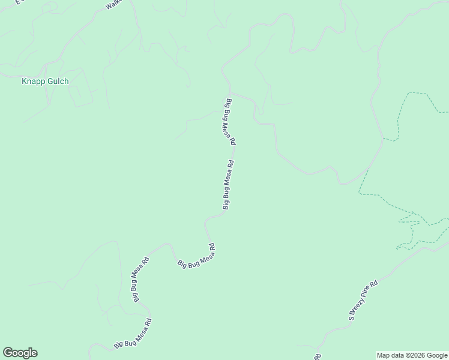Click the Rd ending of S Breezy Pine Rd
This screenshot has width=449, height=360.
[375, 283]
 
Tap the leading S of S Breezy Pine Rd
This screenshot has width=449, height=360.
[351, 316]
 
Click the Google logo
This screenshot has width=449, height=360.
[20, 353]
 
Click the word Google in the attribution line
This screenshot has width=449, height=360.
[437, 355]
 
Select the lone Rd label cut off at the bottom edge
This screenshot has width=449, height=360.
[316, 356]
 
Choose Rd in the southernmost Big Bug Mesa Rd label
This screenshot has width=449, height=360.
[148, 322]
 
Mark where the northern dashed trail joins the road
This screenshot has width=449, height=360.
[383, 139]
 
